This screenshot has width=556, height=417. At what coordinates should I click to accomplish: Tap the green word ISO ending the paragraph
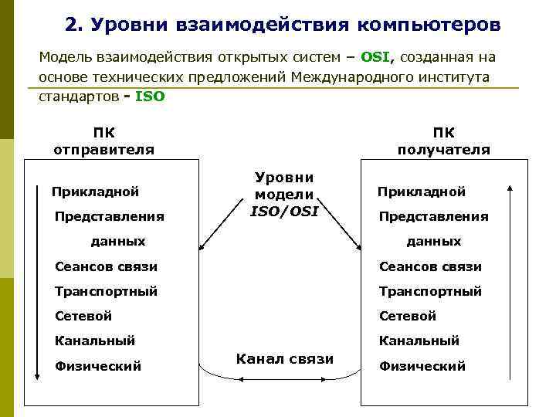pos(150,98)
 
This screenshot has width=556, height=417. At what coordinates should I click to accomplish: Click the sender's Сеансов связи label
pos(106,266)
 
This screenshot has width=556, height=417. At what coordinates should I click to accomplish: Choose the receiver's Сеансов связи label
pos(430,266)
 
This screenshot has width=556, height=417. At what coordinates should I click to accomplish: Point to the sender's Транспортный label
pos(106,291)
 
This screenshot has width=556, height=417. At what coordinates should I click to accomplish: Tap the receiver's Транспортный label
pos(430,291)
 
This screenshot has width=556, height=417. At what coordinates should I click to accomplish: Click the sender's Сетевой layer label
pos(83,316)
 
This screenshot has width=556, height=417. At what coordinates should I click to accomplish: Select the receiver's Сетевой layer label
pos(408,316)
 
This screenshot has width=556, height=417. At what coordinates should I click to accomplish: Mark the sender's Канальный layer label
pos(95,341)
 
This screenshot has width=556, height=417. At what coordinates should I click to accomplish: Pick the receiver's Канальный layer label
pos(419,341)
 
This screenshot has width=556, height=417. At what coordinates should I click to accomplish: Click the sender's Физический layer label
pos(98,366)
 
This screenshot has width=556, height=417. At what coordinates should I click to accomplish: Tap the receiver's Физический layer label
pos(422,366)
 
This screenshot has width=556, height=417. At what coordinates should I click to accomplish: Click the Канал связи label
pos(285,359)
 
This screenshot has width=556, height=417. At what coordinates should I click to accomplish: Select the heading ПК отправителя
pos(103,141)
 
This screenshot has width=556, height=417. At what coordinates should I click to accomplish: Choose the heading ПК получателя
pos(443,141)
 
